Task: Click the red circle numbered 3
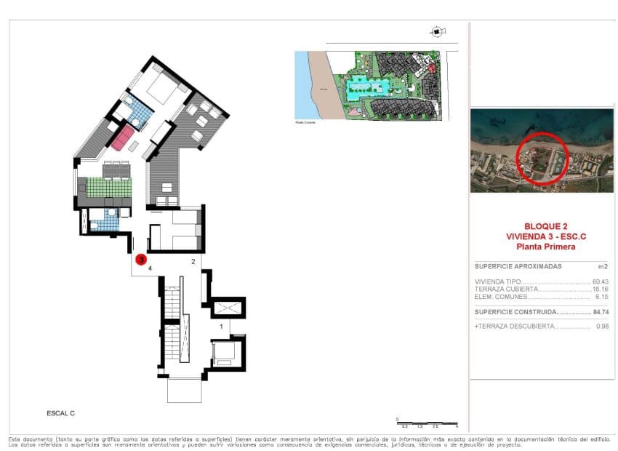point(141,258)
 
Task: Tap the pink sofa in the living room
point(122,136)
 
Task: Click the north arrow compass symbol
point(435,31)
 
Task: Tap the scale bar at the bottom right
point(427,422)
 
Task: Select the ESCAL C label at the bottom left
point(60,413)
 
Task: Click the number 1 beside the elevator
point(221,327)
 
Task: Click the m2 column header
point(601,266)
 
